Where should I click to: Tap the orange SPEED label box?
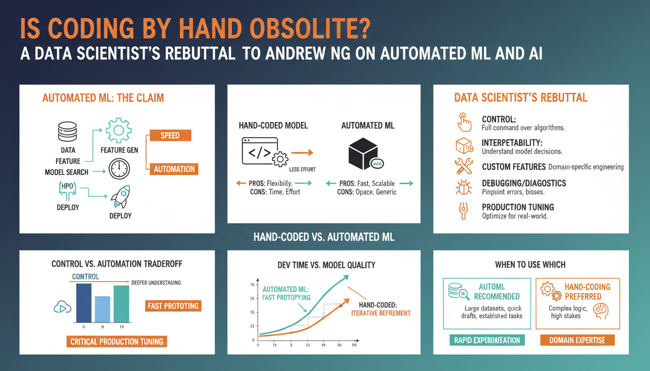pyautogui.click(x=170, y=135)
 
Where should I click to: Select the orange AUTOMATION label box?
pyautogui.click(x=174, y=169)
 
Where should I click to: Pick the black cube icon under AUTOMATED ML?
pyautogui.click(x=362, y=152)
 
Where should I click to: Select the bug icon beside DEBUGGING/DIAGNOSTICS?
pyautogui.click(x=464, y=187)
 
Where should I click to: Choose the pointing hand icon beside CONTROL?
pyautogui.click(x=464, y=123)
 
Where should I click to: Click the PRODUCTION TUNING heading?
pyautogui.click(x=518, y=207)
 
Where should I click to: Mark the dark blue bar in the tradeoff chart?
pyautogui.click(x=84, y=303)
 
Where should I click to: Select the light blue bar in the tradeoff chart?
pyautogui.click(x=103, y=309)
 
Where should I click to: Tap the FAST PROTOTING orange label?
pyautogui.click(x=173, y=306)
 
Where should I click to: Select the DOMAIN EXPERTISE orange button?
pyautogui.click(x=577, y=340)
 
